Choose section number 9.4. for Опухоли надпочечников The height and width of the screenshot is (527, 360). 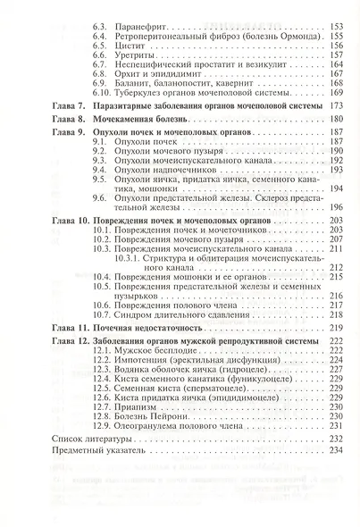pos(100,169)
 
